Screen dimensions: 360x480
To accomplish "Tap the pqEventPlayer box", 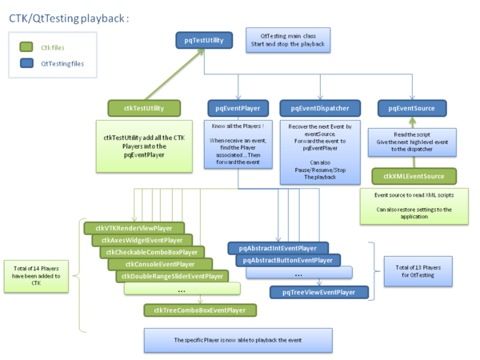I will tap(234, 106).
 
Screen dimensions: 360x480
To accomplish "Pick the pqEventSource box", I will tap(412, 106).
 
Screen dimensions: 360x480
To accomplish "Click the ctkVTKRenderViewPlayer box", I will tap(134, 228).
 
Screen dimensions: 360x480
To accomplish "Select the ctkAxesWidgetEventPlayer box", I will tap(142, 240).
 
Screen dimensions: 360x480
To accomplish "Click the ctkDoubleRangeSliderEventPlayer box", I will tap(171, 276).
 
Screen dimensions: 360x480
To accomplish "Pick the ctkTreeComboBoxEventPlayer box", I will tap(200, 310).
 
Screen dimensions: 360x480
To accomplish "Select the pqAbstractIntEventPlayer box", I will tap(278, 248).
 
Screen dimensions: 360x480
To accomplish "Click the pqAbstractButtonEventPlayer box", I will tap(288, 260).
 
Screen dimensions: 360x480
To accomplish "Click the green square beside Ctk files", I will tap(25, 47).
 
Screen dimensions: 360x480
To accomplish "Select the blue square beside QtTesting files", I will tap(25, 62).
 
